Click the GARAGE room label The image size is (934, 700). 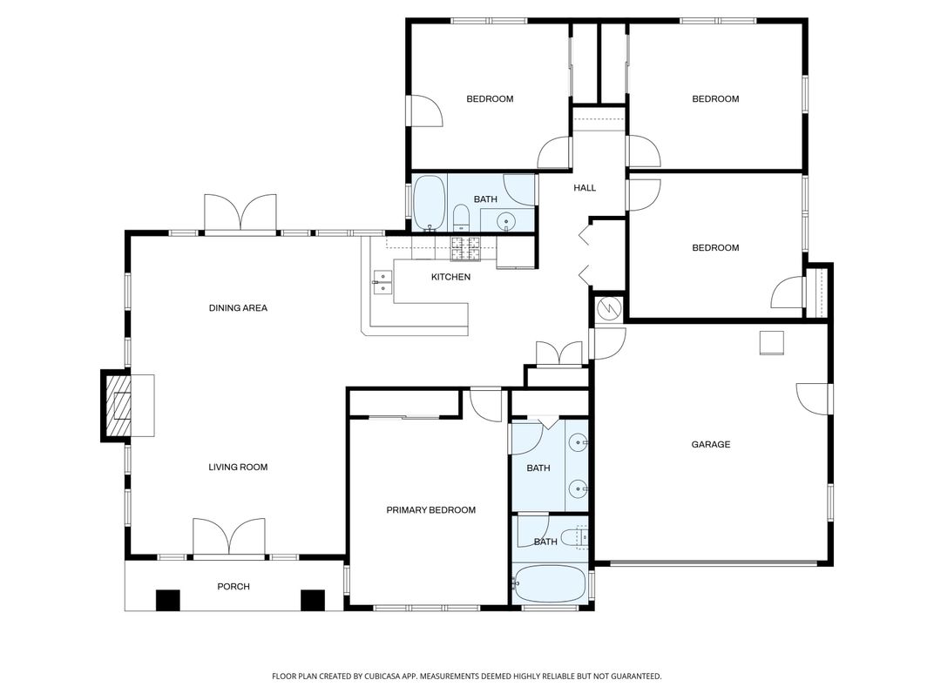[710, 445]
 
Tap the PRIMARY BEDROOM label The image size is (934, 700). [430, 510]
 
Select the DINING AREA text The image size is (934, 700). [238, 308]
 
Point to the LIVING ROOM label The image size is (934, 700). [238, 468]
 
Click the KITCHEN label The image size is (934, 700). [450, 278]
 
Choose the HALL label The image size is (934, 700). [585, 188]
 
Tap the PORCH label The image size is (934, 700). [233, 587]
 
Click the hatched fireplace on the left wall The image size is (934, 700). [116, 405]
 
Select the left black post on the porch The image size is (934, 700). [167, 600]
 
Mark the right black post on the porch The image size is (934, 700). [312, 600]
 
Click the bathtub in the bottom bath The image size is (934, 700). [548, 583]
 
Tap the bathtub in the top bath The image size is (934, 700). [428, 203]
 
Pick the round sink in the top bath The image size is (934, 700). [509, 223]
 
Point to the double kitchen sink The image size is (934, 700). [382, 280]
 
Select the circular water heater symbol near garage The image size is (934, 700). [608, 308]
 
